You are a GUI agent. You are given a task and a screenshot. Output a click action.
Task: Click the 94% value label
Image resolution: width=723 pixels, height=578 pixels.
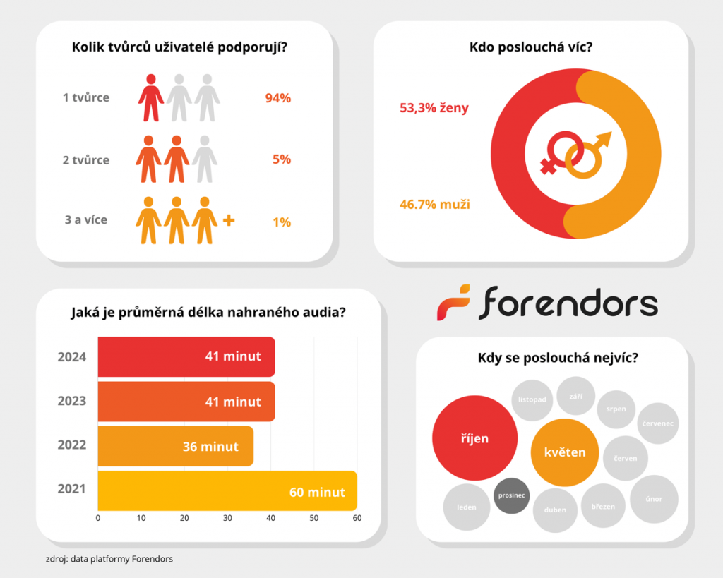click(x=277, y=98)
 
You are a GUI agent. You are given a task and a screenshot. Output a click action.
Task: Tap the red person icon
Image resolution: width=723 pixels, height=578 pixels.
click(x=150, y=97)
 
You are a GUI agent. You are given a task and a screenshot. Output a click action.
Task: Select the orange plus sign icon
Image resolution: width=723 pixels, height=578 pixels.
click(x=228, y=221)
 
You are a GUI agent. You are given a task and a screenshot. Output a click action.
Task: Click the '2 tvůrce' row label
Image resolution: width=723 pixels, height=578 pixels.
click(x=86, y=160)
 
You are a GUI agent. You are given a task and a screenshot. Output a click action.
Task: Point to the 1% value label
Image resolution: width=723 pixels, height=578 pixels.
click(x=281, y=222)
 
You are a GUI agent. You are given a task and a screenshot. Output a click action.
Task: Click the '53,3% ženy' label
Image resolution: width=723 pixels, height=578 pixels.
click(x=434, y=108)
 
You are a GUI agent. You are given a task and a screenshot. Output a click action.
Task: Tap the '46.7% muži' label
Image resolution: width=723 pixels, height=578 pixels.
click(x=435, y=205)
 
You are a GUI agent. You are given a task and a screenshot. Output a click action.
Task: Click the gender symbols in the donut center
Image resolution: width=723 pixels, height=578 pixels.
click(x=575, y=153)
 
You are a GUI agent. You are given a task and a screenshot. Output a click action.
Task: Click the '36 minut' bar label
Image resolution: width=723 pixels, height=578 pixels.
click(x=210, y=446)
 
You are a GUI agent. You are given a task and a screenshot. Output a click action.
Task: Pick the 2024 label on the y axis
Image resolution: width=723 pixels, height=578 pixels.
click(x=72, y=357)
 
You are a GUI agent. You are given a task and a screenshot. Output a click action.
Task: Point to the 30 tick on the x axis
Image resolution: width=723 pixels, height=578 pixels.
click(x=227, y=519)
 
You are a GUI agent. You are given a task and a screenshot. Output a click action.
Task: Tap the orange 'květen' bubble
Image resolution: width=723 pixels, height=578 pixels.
click(x=565, y=452)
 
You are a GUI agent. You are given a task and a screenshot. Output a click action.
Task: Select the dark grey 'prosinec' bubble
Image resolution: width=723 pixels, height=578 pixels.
click(x=511, y=495)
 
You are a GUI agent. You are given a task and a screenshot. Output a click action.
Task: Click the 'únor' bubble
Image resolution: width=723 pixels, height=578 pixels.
click(x=654, y=499)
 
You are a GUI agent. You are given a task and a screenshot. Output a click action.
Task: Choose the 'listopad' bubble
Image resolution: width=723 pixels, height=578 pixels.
click(x=532, y=399)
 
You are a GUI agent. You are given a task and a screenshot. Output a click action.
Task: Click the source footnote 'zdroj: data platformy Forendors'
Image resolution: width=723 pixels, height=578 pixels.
click(x=109, y=559)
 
